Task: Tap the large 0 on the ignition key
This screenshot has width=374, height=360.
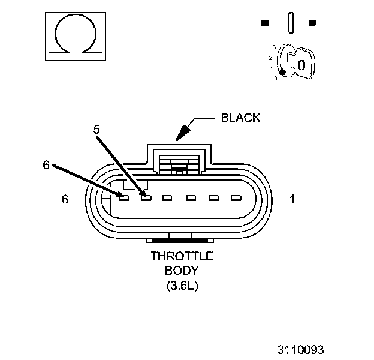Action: pyautogui.click(x=301, y=64)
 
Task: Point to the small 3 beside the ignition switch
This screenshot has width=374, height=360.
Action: pyautogui.click(x=274, y=46)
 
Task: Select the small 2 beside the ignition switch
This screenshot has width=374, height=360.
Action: pyautogui.click(x=270, y=58)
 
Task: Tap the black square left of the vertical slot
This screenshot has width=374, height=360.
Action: pyautogui.click(x=265, y=23)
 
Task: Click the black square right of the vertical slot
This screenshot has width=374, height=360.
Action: pyautogui.click(x=312, y=23)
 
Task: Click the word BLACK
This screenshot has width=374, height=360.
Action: pyautogui.click(x=241, y=118)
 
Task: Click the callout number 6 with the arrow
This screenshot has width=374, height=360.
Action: pyautogui.click(x=46, y=166)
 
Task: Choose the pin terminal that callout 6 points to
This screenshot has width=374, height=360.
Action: pyautogui.click(x=123, y=196)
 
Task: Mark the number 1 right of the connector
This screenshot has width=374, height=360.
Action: pyautogui.click(x=292, y=199)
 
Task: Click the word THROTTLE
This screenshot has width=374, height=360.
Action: pyautogui.click(x=182, y=256)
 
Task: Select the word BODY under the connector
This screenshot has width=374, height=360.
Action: pyautogui.click(x=182, y=271)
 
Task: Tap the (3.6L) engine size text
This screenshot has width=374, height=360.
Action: pyautogui.click(x=182, y=286)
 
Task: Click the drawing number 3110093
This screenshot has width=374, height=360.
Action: pyautogui.click(x=300, y=348)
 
